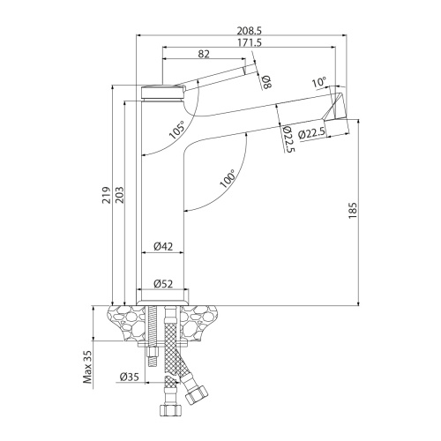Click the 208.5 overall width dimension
pos(250,30)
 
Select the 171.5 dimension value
pos(250,42)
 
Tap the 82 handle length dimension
pos(204,54)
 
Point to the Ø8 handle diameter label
pos(267,82)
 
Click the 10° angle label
pos(319,82)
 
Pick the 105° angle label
pos(178,130)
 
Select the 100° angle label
pos(228,178)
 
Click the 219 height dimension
pos(107,195)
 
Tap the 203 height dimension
pos(120,195)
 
